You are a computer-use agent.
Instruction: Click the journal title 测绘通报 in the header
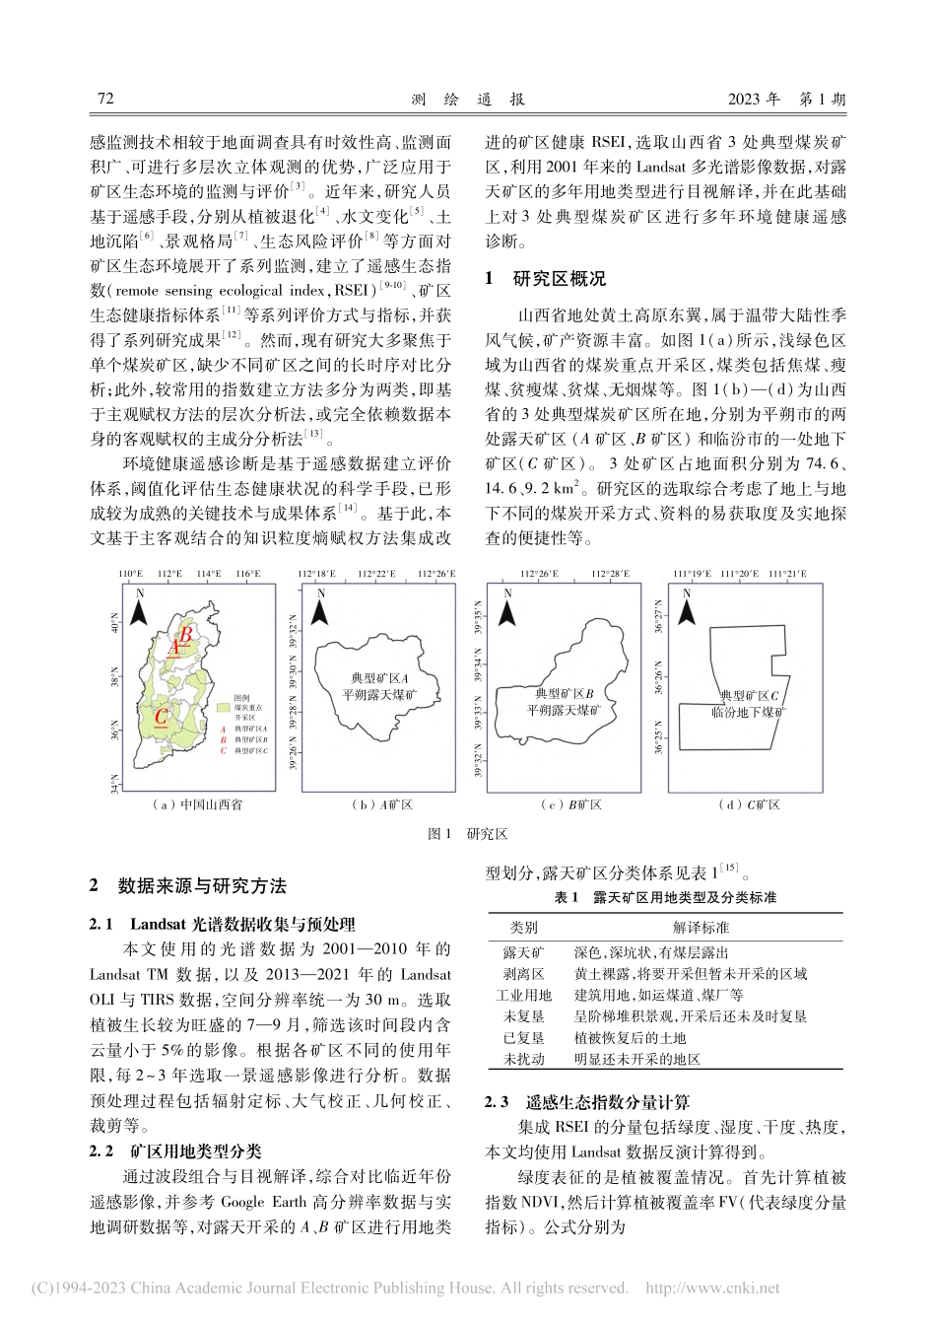point(467,100)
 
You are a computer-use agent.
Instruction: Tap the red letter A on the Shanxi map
point(174,648)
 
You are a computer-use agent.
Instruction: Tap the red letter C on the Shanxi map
point(160,718)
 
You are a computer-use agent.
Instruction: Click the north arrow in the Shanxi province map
point(140,608)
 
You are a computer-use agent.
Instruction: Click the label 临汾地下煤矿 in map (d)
point(749,711)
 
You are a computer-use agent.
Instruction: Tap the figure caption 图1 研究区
point(467,834)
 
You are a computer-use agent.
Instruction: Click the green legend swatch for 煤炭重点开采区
point(224,707)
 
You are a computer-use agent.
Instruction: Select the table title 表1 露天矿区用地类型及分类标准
point(665,897)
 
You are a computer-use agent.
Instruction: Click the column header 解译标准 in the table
point(701,928)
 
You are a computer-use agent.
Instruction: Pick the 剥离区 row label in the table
point(523,973)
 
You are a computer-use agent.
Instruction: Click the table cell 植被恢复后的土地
point(630,1037)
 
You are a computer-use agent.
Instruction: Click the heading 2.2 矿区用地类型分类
point(176,1151)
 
